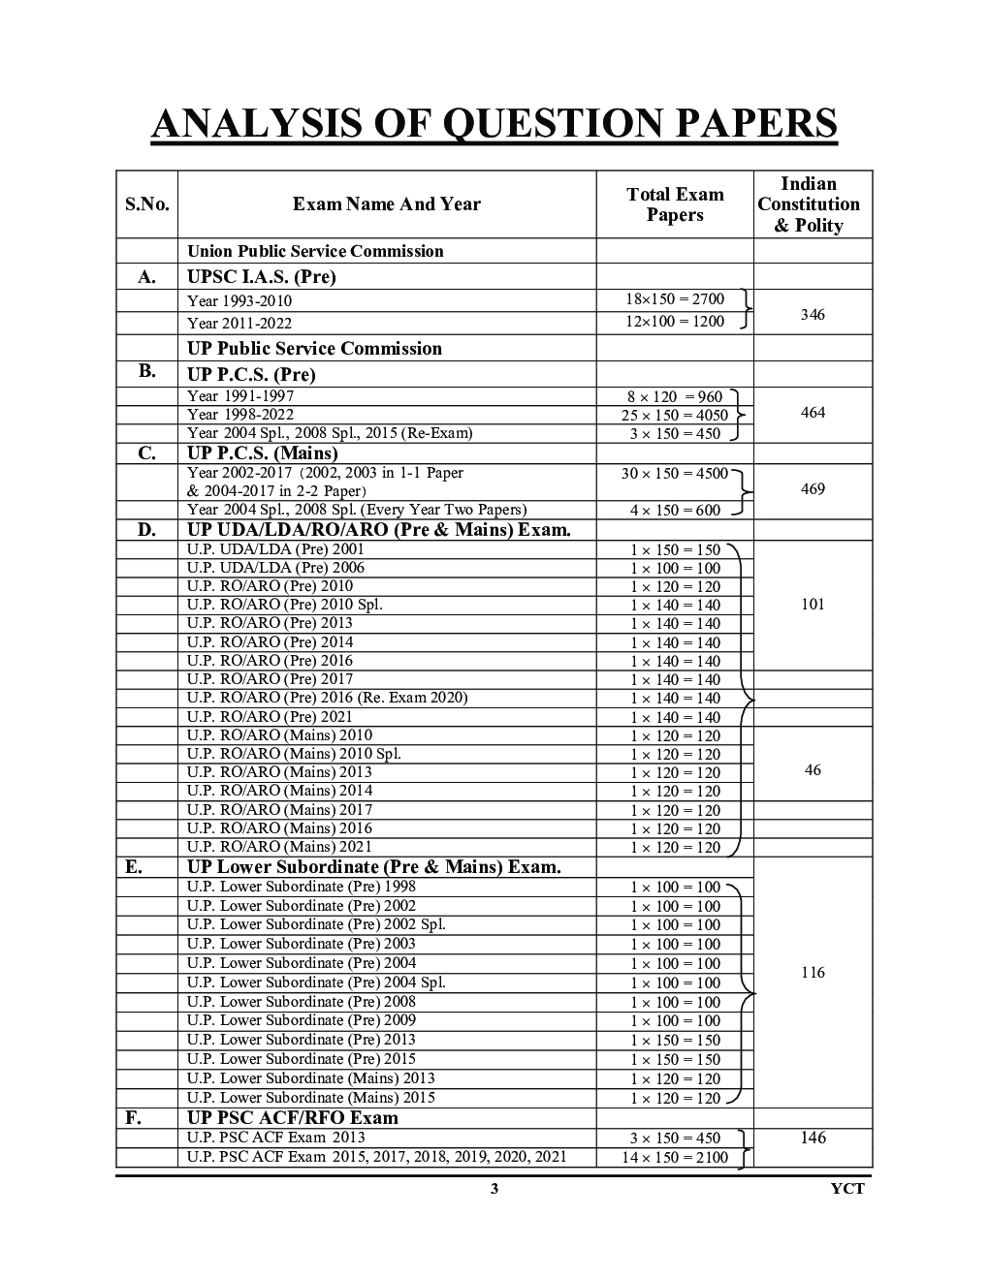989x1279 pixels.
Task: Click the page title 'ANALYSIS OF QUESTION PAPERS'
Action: pyautogui.click(x=494, y=125)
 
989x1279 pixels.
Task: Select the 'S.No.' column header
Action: pyautogui.click(x=146, y=204)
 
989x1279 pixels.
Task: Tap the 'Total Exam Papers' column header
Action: pyautogui.click(x=675, y=204)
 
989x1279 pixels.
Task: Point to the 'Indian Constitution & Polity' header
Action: pyautogui.click(x=813, y=204)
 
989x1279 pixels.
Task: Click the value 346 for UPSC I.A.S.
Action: pyautogui.click(x=813, y=315)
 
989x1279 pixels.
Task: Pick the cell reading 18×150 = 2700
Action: pyautogui.click(x=674, y=299)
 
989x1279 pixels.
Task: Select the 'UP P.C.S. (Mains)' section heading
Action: pyautogui.click(x=262, y=453)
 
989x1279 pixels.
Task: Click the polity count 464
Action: pyautogui.click(x=813, y=413)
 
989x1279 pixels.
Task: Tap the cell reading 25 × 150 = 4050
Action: pyautogui.click(x=674, y=416)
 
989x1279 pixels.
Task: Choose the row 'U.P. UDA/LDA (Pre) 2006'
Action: pyautogui.click(x=275, y=568)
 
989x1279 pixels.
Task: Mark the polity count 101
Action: pyautogui.click(x=813, y=605)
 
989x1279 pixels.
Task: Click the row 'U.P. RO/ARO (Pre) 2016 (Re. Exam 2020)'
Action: pyautogui.click(x=327, y=698)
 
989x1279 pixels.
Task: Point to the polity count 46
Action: pyautogui.click(x=813, y=770)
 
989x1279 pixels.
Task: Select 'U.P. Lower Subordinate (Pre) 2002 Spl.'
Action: pyautogui.click(x=316, y=924)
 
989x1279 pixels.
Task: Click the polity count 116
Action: pyautogui.click(x=813, y=973)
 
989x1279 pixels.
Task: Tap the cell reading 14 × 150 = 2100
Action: pyautogui.click(x=674, y=1157)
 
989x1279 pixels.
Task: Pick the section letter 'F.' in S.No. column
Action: pyautogui.click(x=134, y=1117)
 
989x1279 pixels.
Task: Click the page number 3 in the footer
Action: pyautogui.click(x=494, y=1189)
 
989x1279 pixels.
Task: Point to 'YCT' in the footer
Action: pyautogui.click(x=847, y=1189)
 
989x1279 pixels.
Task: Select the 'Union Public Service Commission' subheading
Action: pyautogui.click(x=315, y=251)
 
